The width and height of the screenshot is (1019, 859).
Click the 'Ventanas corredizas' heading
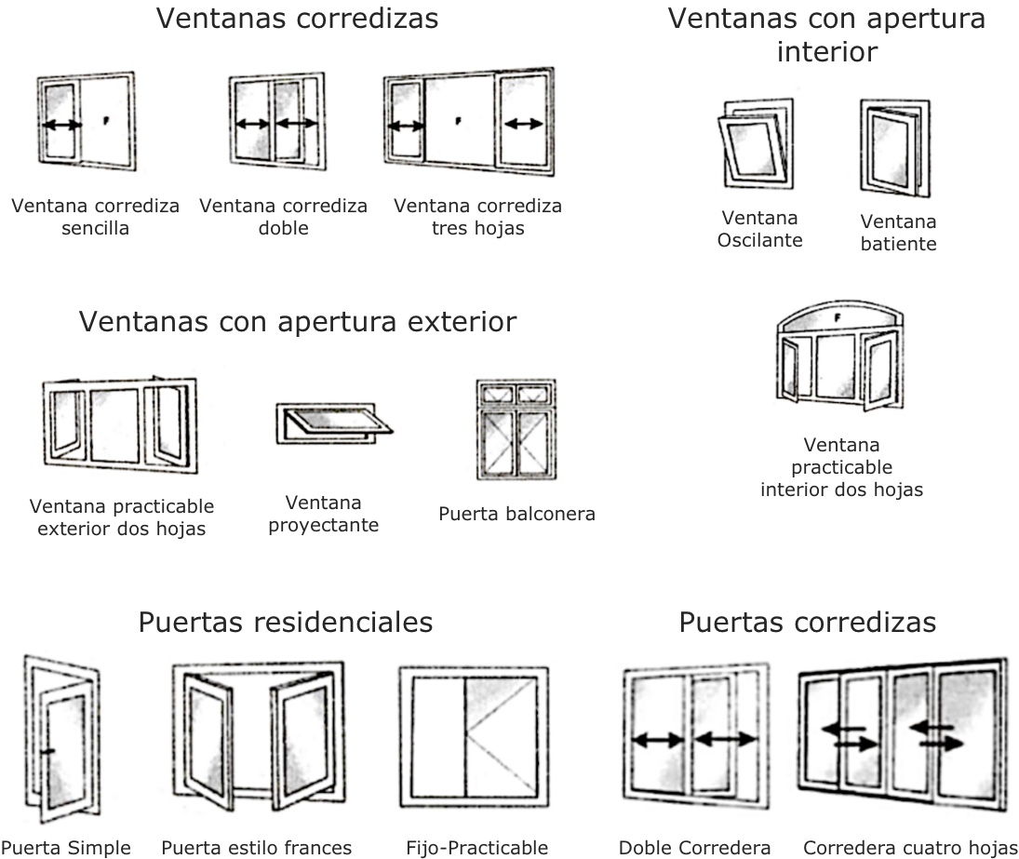pos(297,19)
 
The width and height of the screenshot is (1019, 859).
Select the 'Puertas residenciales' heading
pos(286,622)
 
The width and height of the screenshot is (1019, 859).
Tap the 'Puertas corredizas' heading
pos(808,622)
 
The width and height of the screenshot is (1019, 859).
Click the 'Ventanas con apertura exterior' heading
pos(298,322)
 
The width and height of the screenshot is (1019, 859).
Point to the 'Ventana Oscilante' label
pos(760,229)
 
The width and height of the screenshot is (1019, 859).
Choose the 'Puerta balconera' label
pos(516,514)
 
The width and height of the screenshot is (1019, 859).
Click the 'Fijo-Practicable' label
pos(477,848)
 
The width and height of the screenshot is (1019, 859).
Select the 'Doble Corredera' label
pos(695,848)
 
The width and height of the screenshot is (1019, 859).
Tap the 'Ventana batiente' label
pos(898,233)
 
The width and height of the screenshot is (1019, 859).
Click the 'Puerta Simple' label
pos(65,848)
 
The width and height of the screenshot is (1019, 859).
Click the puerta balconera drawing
pos(515,429)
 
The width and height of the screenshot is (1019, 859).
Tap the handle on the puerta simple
pos(48,750)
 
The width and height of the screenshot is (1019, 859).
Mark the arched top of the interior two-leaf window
pos(840,315)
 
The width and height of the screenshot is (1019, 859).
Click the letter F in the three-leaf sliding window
pos(459,120)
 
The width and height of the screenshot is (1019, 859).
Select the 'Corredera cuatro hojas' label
pos(910,848)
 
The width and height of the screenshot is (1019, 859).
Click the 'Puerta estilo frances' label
pos(257,848)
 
